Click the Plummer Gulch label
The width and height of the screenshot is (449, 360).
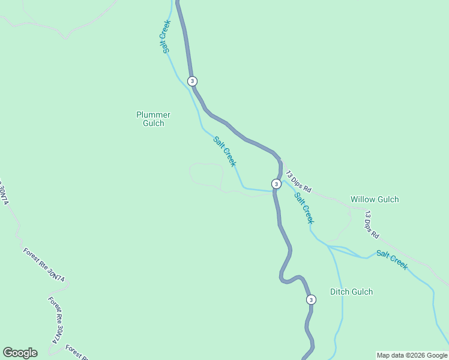click(x=153, y=119)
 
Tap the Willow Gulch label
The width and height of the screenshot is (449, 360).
click(x=375, y=199)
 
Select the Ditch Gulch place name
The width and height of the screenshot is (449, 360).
click(x=351, y=292)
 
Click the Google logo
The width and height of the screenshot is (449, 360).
click(x=20, y=353)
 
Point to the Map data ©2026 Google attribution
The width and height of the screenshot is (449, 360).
click(x=412, y=355)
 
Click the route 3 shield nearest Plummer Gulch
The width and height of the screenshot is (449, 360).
click(x=192, y=81)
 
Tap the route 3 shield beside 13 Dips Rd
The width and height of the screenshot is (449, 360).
click(x=276, y=184)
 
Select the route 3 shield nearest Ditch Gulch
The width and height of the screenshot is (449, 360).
click(x=310, y=299)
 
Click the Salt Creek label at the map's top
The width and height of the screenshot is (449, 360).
click(x=166, y=37)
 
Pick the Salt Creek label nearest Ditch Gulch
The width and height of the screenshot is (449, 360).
click(x=392, y=259)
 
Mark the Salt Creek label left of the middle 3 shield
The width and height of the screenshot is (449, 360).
click(x=225, y=151)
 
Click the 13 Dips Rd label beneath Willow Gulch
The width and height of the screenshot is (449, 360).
click(x=372, y=223)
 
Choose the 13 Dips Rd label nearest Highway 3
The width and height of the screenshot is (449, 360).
click(x=298, y=181)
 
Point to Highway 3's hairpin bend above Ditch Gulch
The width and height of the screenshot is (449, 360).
click(x=282, y=277)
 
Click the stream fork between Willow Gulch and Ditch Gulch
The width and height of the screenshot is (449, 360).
click(x=328, y=246)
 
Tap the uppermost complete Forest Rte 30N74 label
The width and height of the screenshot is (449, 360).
click(x=44, y=265)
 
